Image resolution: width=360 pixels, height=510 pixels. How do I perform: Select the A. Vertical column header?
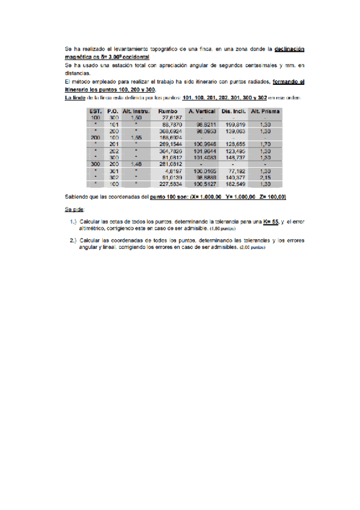[x=202, y=111]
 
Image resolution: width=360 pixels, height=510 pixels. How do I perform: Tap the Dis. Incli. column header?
[x=234, y=111]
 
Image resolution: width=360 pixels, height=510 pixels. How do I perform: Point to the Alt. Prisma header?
[x=265, y=111]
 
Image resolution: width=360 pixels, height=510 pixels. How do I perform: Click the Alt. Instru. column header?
[x=135, y=111]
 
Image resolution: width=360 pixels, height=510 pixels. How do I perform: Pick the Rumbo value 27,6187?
[x=172, y=118]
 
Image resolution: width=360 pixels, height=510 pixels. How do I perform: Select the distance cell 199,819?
[x=236, y=124]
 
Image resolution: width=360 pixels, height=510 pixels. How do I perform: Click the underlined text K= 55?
[x=272, y=222]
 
